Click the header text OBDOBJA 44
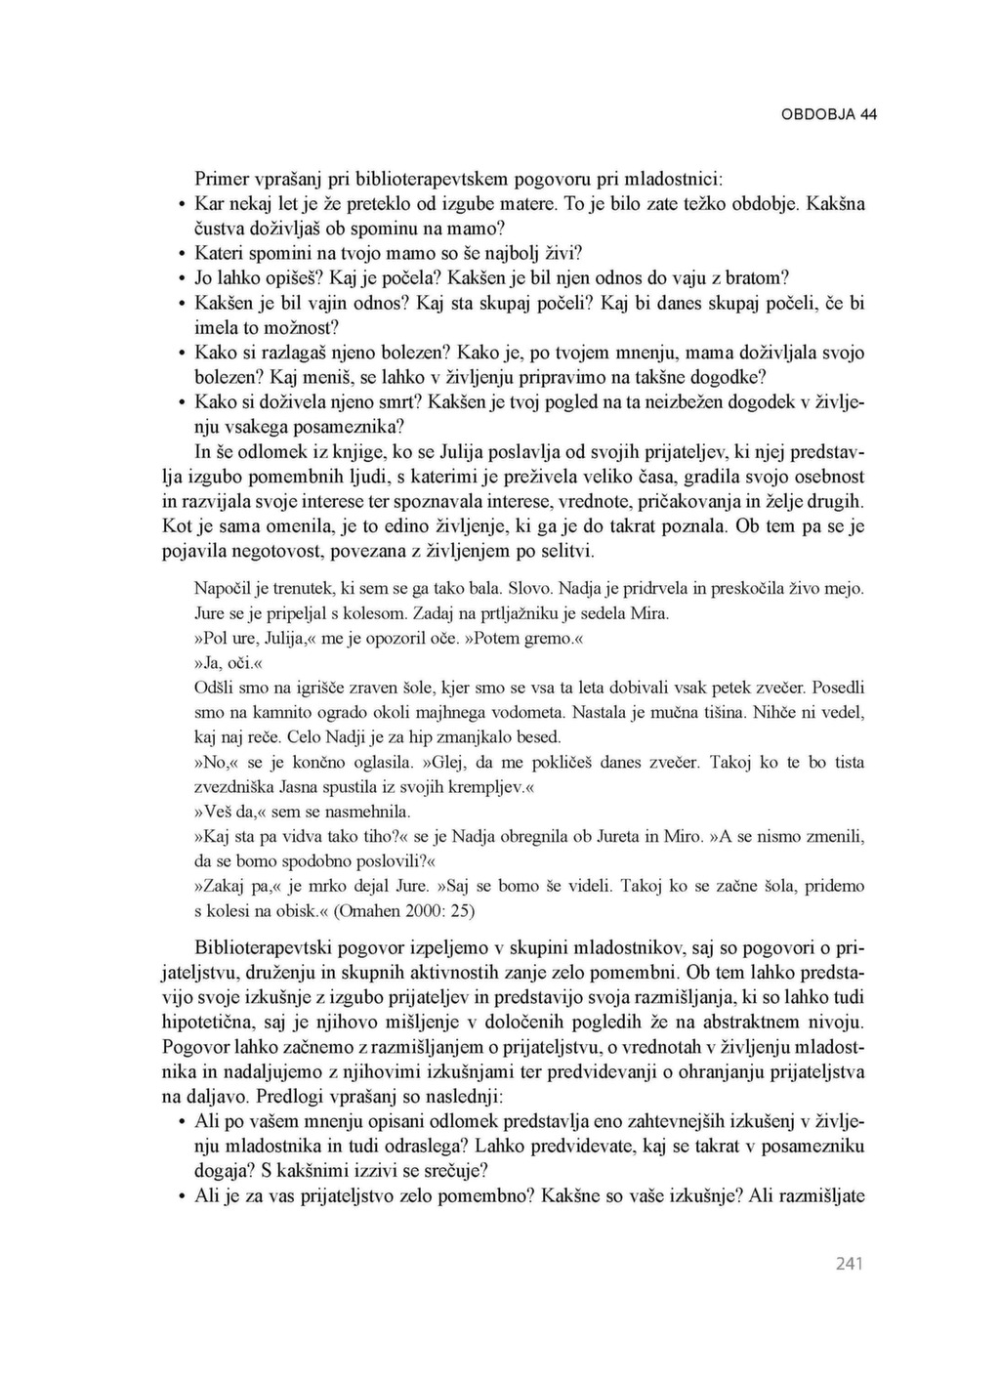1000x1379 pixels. click(828, 114)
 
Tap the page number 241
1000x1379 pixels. click(850, 1264)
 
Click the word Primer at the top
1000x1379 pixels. click(222, 180)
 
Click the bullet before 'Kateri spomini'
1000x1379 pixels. click(183, 254)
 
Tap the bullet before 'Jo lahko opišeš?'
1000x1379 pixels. click(183, 278)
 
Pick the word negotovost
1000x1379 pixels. click(274, 552)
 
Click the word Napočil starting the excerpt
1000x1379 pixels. click(224, 589)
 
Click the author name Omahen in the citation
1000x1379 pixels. click(377, 911)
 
